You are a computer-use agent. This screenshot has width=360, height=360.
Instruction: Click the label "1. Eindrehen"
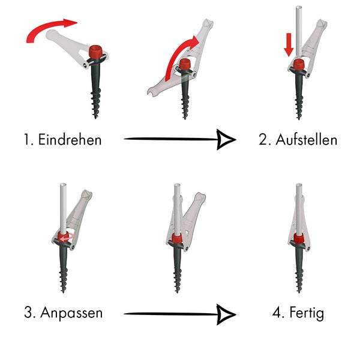62,140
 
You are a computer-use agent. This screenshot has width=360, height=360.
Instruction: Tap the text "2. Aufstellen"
298,140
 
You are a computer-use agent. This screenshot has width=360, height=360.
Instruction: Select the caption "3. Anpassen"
63,313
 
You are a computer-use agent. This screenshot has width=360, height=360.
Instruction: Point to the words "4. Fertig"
298,313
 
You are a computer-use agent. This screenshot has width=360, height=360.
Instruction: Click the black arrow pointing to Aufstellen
180,140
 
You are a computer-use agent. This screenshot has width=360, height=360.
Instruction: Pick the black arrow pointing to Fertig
180,313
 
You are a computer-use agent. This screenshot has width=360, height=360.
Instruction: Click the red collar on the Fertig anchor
298,238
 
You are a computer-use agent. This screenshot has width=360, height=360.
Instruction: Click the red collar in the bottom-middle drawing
177,239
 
